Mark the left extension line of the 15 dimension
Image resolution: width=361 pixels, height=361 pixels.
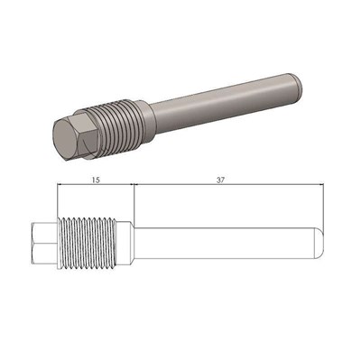pos(56,203)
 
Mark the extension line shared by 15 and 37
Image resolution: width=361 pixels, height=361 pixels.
pos(134,203)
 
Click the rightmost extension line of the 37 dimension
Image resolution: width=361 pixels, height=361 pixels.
pos(323,203)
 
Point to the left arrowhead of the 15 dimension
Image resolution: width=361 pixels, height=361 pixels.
pos(60,184)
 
